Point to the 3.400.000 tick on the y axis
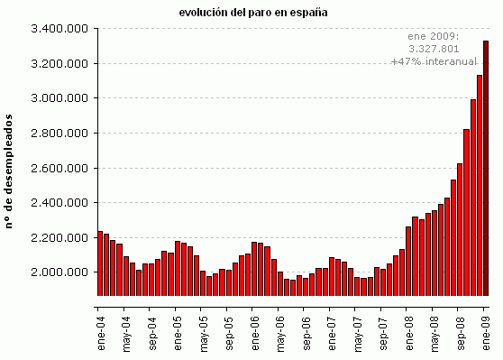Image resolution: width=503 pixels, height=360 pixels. click(59, 29)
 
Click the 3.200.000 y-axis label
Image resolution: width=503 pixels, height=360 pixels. click(59, 64)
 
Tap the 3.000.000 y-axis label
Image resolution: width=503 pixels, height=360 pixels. click(59, 98)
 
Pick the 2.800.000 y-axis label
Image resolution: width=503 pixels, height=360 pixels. click(59, 134)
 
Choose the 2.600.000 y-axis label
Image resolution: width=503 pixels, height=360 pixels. click(59, 168)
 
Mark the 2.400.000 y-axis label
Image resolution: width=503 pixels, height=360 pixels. click(59, 203)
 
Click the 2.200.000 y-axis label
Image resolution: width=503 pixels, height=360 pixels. click(59, 237)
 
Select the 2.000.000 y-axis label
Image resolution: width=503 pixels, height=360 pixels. click(59, 272)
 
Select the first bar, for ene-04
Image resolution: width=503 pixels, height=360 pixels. click(100, 263)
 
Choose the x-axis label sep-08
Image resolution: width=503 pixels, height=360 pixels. click(461, 321)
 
